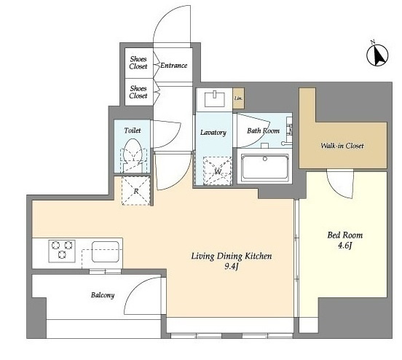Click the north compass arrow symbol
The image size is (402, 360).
pos(377,55)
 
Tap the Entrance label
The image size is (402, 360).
pos(173,66)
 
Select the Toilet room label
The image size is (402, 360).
pos(133,130)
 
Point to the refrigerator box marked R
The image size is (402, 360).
pos(136,191)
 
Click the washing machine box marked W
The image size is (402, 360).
pos(218,171)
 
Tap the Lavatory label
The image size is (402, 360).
pos(213,133)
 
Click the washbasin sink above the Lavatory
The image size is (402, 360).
pos(215,99)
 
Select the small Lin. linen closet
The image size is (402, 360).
pos(238,98)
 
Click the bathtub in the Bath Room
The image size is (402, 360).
pos(264,166)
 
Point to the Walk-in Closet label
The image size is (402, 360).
pos(342,146)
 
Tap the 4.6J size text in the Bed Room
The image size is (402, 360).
pos(344,246)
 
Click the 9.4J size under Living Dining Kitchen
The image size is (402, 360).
pos(232,267)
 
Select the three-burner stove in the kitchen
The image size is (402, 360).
pos(62,251)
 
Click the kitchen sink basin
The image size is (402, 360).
pos(106,251)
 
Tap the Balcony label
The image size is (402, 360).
pos(103,295)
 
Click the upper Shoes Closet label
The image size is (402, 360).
pos(138,63)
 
